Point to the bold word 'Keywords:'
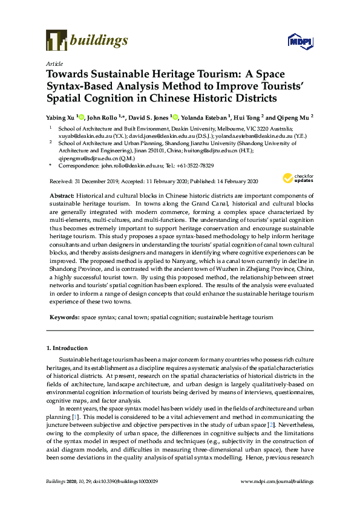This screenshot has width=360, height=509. click(64, 317)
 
